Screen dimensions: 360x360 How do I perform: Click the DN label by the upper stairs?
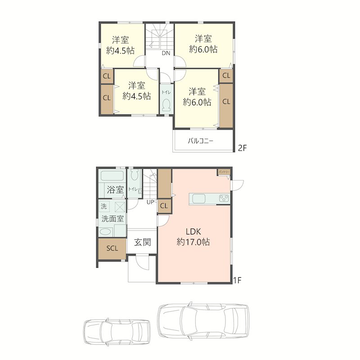(166, 53)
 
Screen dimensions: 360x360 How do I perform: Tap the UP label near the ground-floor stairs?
(150, 202)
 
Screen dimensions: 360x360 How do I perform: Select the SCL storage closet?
(112, 248)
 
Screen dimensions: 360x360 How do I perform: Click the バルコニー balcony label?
(200, 141)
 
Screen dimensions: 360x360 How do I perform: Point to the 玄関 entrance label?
(142, 242)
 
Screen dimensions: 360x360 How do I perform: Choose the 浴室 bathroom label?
(115, 189)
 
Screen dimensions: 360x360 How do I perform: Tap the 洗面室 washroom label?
(112, 219)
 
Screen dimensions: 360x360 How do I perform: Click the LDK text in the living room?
(193, 232)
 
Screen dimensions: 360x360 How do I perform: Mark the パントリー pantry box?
(224, 172)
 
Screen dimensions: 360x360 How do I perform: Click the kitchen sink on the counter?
(199, 198)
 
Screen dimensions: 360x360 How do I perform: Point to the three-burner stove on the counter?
(224, 198)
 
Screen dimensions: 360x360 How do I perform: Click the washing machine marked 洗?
(104, 207)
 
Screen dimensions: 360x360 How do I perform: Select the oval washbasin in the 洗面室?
(105, 232)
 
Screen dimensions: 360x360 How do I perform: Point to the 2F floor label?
(242, 148)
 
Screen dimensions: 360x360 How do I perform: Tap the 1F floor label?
(238, 280)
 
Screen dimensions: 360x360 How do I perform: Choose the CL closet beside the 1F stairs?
(164, 206)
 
